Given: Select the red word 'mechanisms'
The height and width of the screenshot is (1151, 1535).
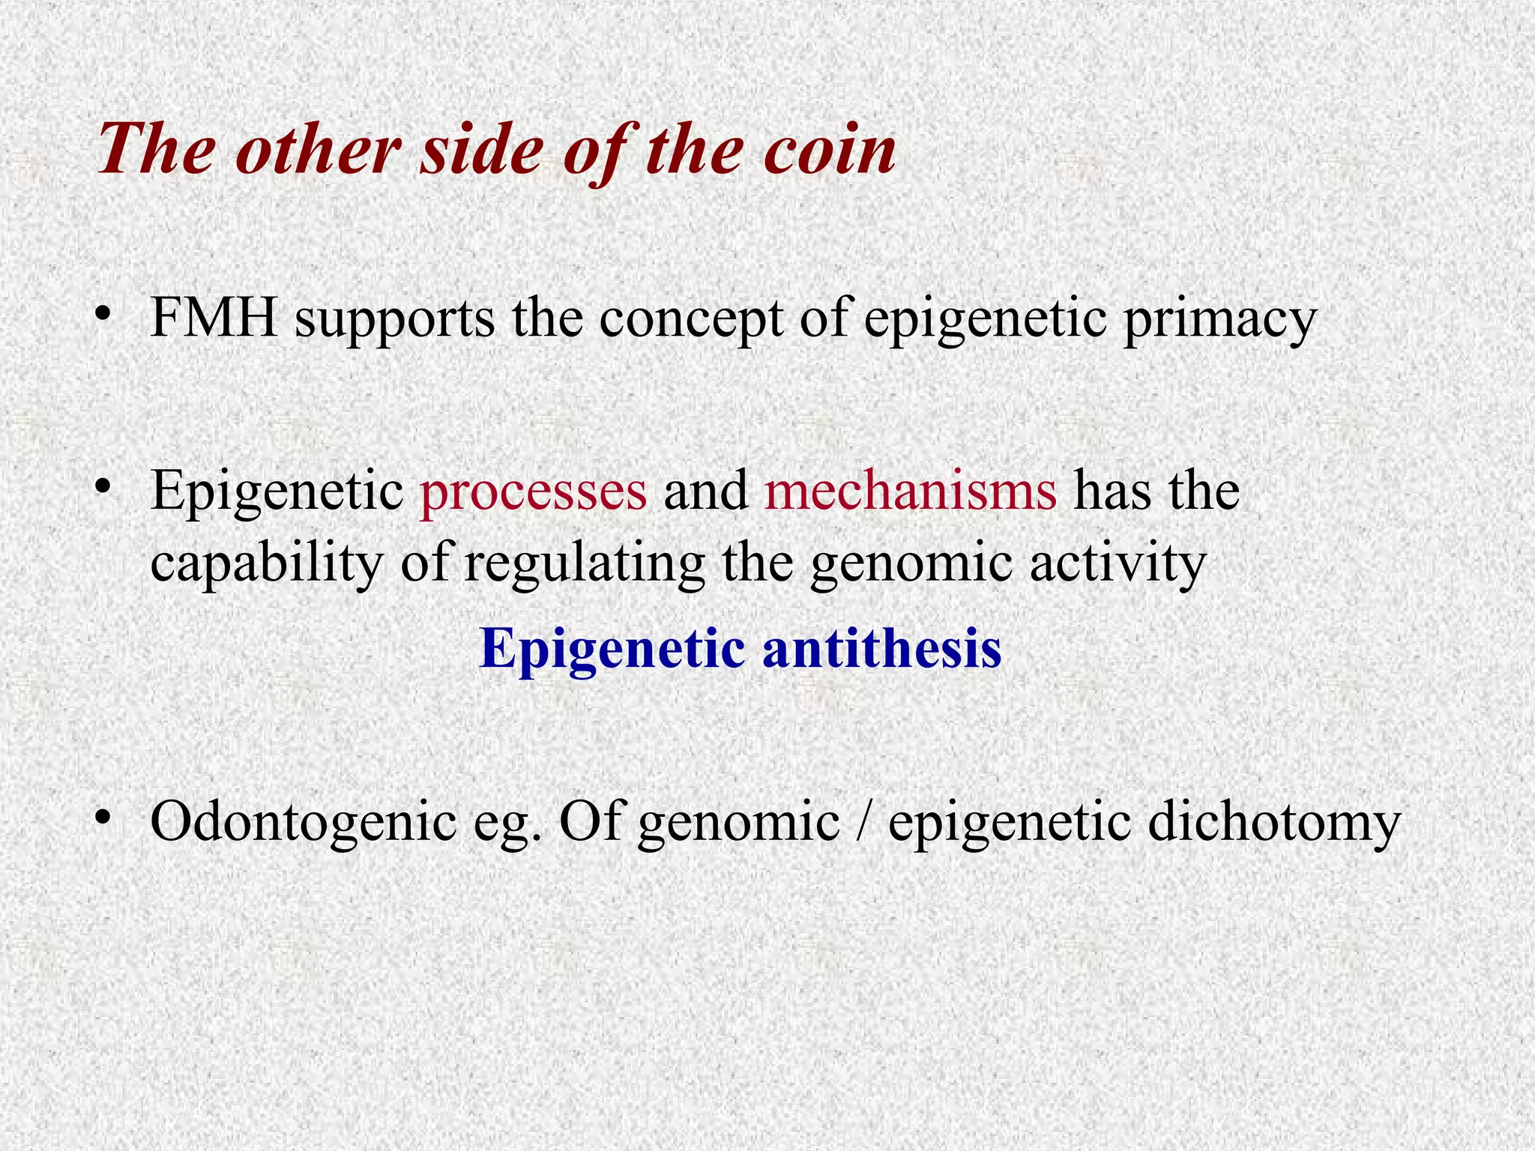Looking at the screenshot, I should point(911,491).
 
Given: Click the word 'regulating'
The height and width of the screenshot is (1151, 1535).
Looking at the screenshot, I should point(584,564).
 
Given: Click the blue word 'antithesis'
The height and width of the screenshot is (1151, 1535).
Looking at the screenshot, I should point(881,647).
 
